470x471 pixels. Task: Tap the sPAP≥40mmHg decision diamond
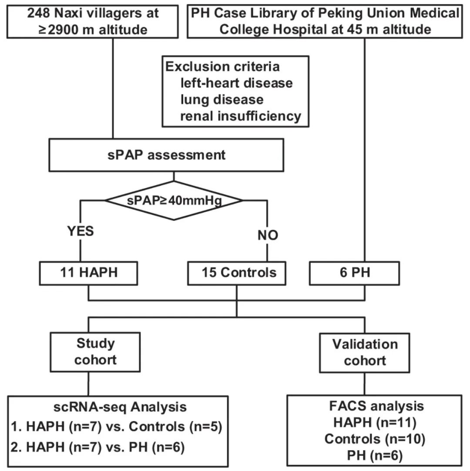[174, 200]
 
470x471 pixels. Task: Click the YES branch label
[81, 231]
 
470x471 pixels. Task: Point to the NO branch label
[268, 235]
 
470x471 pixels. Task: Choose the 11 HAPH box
[88, 273]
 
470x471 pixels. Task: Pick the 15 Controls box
[237, 273]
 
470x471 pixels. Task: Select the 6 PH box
[355, 273]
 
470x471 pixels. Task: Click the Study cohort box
[95, 352]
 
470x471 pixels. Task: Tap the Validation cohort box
[365, 353]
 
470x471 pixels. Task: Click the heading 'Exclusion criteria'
[222, 67]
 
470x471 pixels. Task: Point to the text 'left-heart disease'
[236, 83]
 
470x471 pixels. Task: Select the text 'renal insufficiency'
[241, 116]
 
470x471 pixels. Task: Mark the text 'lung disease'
[222, 100]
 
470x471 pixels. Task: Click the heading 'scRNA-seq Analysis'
[120, 408]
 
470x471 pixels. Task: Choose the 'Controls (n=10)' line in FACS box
[375, 439]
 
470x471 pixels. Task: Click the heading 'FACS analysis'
[376, 406]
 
